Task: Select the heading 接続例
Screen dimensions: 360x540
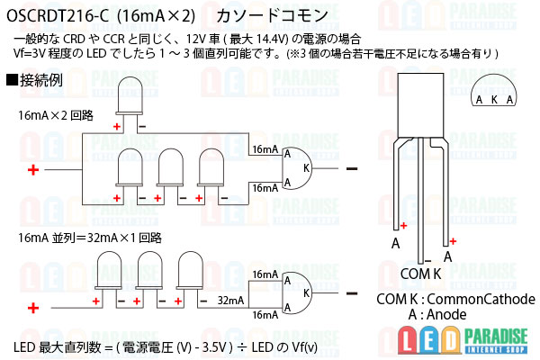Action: (x=40, y=79)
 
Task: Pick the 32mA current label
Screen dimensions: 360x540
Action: (x=231, y=300)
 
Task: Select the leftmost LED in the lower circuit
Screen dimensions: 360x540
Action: (x=110, y=270)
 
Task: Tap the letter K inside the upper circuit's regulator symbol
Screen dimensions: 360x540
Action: (x=307, y=167)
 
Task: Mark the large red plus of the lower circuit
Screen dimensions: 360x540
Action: (x=33, y=308)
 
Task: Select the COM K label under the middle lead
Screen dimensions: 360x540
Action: (x=420, y=274)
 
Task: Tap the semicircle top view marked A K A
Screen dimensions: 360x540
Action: (x=494, y=93)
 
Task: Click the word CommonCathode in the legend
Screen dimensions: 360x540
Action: (x=484, y=299)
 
